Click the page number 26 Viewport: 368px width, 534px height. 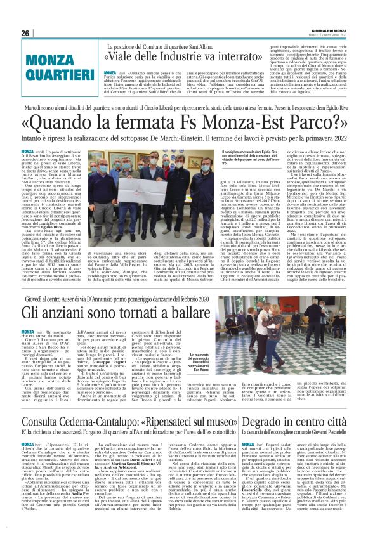click(26, 34)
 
